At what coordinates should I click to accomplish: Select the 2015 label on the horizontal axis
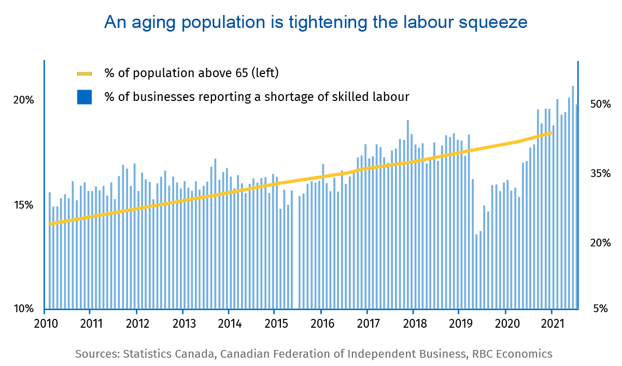275,325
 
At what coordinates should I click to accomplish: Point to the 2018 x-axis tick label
413,325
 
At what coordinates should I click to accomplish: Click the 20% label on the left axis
23,100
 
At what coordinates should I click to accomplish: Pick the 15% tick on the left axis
23,205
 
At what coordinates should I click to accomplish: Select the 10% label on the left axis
23,309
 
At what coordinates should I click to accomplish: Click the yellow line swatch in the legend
84,74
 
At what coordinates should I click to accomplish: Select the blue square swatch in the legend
84,97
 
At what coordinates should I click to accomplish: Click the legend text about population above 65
192,73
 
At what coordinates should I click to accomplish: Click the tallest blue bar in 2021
573,197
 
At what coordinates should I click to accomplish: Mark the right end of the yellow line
552,133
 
